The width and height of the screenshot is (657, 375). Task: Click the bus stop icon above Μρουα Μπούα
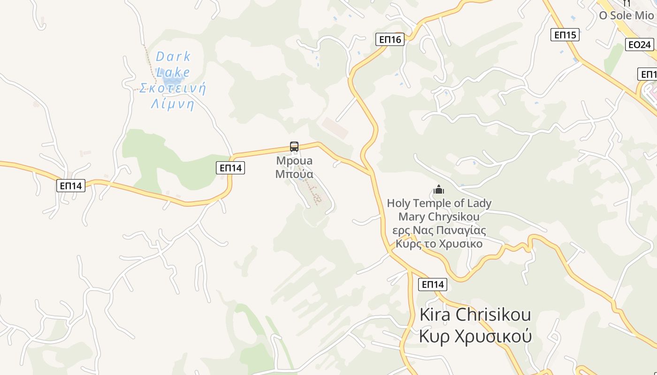tap(294, 147)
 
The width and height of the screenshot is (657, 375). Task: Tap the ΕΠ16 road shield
tap(390, 39)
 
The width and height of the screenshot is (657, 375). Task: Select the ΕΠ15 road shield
tap(565, 35)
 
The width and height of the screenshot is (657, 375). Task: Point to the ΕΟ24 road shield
tap(640, 45)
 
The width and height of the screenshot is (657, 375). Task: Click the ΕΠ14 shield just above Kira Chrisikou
tap(432, 284)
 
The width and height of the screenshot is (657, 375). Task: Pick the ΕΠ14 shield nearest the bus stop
tap(230, 167)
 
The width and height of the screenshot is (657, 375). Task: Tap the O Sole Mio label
tap(626, 15)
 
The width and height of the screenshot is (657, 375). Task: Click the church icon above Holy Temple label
tap(439, 190)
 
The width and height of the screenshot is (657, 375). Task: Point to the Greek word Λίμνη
tap(172, 104)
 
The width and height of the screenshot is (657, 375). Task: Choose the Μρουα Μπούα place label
tap(294, 167)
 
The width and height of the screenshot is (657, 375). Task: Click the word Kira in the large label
tap(435, 315)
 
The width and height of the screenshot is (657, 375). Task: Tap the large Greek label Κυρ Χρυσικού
tap(475, 337)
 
